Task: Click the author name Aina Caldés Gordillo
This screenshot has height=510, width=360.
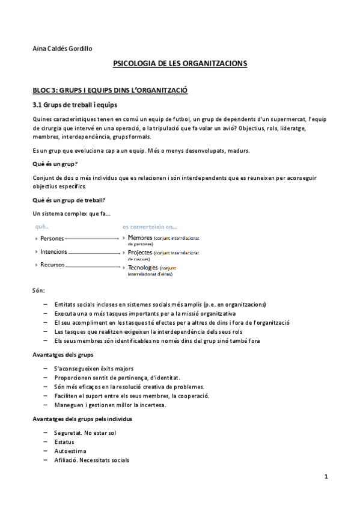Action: (63, 48)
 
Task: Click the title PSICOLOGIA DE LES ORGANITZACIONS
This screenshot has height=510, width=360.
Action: (180, 63)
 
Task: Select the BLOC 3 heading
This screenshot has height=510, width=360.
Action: (110, 90)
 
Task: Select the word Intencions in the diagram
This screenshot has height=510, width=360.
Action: (53, 252)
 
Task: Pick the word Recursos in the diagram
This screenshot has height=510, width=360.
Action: (52, 265)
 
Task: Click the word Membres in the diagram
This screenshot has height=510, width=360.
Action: (140, 238)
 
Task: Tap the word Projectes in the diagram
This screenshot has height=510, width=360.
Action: (141, 253)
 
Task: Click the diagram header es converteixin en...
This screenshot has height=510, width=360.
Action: (150, 227)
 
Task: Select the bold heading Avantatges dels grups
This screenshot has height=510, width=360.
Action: (63, 354)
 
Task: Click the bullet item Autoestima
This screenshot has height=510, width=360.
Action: (70, 450)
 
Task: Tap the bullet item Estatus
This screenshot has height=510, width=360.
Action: (64, 441)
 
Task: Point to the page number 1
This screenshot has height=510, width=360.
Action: (325, 478)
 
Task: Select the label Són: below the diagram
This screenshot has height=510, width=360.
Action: (38, 290)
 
